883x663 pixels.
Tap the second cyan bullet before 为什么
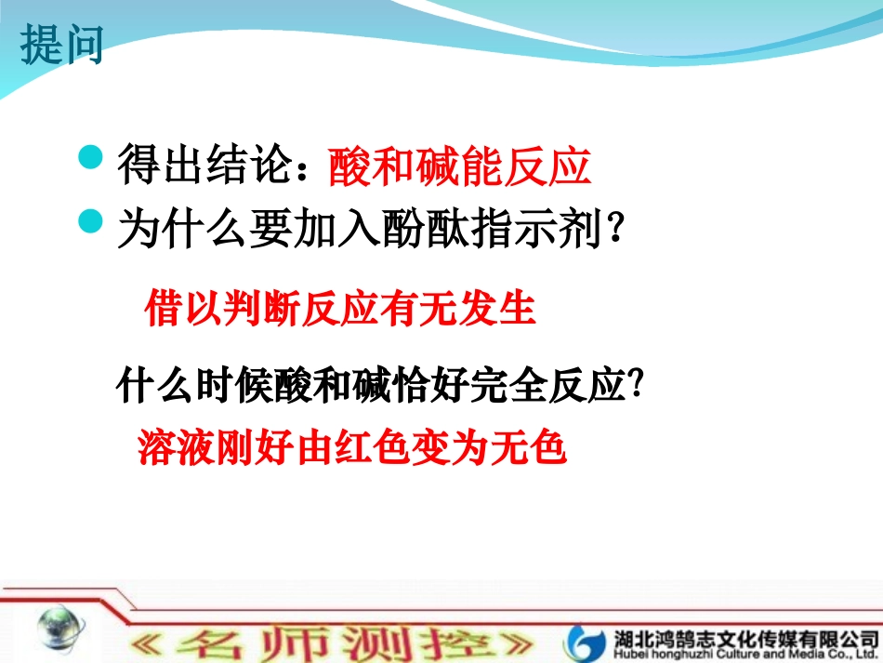(x=90, y=221)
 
